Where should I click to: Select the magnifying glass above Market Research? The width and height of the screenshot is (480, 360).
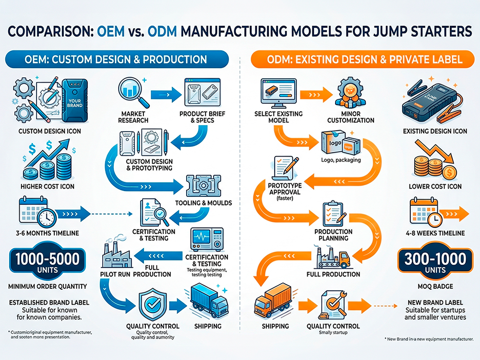132,93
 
